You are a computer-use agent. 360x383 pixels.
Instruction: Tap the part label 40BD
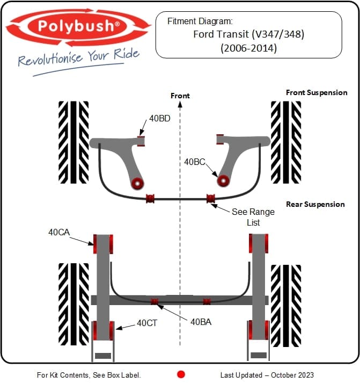[160, 119]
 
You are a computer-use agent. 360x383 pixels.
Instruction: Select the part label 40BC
[195, 162]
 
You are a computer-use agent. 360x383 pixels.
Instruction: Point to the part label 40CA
[59, 232]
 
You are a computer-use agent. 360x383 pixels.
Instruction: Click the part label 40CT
[147, 323]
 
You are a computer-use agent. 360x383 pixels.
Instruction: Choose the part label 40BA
[201, 322]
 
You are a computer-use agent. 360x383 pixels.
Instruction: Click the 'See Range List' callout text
[253, 217]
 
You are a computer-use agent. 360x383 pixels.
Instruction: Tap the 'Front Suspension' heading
[317, 92]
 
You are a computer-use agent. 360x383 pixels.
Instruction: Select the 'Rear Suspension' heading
[315, 204]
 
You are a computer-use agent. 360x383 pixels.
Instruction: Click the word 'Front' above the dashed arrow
[180, 96]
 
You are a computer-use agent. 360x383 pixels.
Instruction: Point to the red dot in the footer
[181, 374]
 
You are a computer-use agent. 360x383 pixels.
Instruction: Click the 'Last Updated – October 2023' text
[267, 375]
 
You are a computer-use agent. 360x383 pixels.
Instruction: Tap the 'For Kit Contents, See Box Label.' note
[89, 375]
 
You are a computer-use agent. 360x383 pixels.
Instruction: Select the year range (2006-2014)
[248, 48]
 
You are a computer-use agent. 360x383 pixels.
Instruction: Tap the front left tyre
[74, 142]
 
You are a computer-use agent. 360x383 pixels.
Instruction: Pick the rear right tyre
[286, 306]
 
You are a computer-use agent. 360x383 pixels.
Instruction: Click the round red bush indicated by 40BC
[223, 180]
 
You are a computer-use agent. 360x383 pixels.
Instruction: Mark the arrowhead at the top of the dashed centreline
[180, 105]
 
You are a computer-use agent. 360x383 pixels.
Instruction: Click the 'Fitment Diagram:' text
[200, 21]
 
